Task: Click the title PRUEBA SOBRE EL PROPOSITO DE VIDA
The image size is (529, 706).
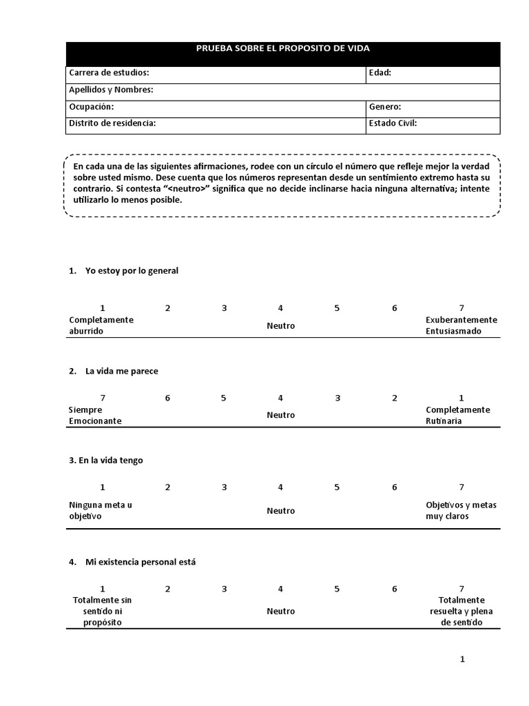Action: pos(283,48)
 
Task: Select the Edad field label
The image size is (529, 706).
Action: pos(380,72)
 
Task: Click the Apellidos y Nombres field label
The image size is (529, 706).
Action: pos(111,90)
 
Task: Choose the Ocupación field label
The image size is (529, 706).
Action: pos(92,107)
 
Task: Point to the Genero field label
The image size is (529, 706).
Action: pos(385,107)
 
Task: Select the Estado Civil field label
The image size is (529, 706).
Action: pos(393,123)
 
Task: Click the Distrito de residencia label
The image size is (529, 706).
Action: pos(112,123)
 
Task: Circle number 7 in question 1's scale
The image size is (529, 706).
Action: pos(461,308)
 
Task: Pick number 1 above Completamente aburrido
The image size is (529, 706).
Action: pos(102,308)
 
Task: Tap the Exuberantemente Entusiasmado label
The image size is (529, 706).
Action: pos(461,325)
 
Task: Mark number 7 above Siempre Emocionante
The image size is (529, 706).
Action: pos(103,398)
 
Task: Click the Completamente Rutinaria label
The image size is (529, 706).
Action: pos(457,415)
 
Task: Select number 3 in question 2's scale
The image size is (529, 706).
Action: pos(338,398)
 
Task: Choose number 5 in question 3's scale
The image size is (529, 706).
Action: pos(337,487)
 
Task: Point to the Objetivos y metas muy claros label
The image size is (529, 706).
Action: pos(461,510)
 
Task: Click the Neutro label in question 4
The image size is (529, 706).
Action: pos(281,612)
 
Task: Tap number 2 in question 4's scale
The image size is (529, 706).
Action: pos(167,589)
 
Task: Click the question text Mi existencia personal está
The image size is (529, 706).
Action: pos(141,562)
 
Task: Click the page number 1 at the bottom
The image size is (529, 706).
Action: pos(462,659)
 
